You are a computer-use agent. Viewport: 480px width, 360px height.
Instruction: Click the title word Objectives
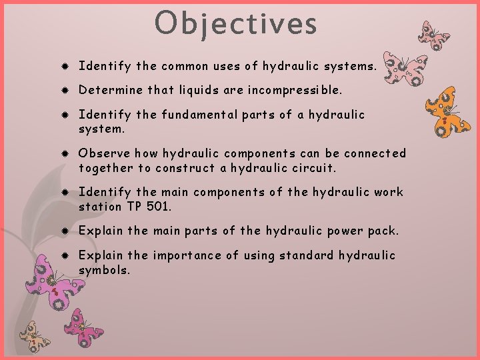pos(236,23)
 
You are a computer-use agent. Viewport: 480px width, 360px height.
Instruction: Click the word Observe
pos(101,153)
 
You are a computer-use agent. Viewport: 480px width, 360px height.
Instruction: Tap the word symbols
pos(104,269)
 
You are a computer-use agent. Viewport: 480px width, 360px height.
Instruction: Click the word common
pos(185,66)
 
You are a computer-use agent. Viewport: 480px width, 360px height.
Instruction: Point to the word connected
pos(375,153)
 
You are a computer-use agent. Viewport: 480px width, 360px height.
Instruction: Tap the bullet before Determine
pos(62,89)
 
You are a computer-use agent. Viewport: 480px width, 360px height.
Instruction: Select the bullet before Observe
pos(62,154)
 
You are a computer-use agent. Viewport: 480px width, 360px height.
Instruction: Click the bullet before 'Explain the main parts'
pos(62,231)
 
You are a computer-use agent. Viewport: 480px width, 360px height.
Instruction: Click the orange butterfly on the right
pos(447,111)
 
